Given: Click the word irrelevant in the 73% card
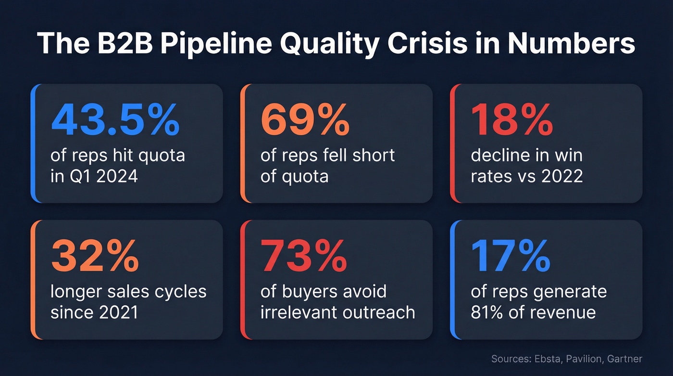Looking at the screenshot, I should click(299, 312).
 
